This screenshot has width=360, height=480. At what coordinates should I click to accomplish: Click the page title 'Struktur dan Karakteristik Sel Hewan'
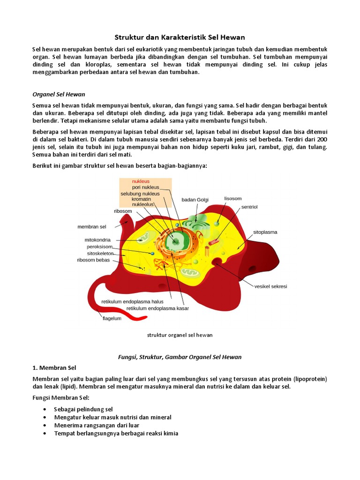pyautogui.click(x=180, y=37)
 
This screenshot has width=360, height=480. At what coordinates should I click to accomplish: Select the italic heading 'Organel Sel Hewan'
pyautogui.click(x=59, y=94)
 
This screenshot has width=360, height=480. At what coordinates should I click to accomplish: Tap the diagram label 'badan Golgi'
pyautogui.click(x=195, y=200)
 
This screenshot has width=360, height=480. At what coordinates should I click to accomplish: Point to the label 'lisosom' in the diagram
pyautogui.click(x=233, y=198)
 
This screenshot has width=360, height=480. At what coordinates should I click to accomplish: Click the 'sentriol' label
pyautogui.click(x=249, y=207)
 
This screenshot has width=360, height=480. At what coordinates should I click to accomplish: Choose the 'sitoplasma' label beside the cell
pyautogui.click(x=265, y=232)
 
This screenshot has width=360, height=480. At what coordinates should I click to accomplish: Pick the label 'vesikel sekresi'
pyautogui.click(x=270, y=286)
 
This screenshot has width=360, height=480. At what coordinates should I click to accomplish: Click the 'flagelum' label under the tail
pyautogui.click(x=112, y=318)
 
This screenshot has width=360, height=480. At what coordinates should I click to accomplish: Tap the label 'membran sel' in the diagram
pyautogui.click(x=92, y=227)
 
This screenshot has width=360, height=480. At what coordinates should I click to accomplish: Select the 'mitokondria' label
pyautogui.click(x=97, y=240)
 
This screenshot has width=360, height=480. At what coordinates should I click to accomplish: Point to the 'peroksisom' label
pyautogui.click(x=99, y=246)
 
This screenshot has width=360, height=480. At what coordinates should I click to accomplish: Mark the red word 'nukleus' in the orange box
pyautogui.click(x=141, y=181)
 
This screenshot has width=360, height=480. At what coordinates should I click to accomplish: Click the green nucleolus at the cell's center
pyautogui.click(x=178, y=241)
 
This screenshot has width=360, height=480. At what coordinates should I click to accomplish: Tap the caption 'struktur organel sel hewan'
pyautogui.click(x=180, y=335)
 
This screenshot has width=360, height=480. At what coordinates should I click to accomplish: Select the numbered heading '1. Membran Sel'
pyautogui.click(x=54, y=367)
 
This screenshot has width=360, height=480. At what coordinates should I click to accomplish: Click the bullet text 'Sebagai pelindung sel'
pyautogui.click(x=83, y=409)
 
